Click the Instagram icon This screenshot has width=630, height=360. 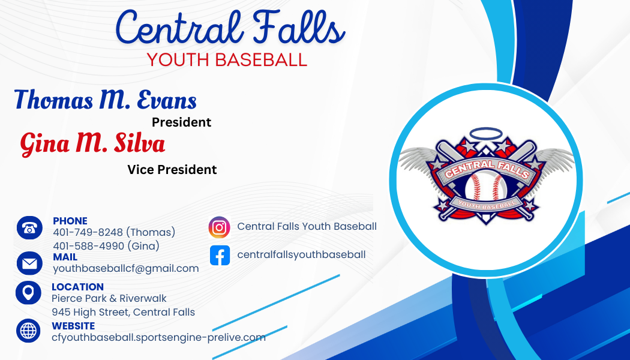[220, 227]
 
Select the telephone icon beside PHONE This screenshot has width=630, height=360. [29, 228]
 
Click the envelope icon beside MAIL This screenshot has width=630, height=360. [29, 263]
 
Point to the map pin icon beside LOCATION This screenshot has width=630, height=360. [28, 293]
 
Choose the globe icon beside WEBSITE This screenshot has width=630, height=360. [28, 331]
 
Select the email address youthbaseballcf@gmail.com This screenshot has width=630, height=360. [125, 269]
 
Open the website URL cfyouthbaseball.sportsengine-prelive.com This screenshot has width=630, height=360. [158, 337]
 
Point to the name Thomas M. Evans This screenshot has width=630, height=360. [106, 100]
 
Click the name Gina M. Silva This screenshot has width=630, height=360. [92, 143]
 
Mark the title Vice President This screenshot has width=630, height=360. [172, 170]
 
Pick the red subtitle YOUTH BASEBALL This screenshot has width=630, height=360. [227, 59]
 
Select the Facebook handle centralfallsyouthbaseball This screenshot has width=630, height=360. [301, 254]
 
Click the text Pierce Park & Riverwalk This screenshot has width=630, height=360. [109, 298]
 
